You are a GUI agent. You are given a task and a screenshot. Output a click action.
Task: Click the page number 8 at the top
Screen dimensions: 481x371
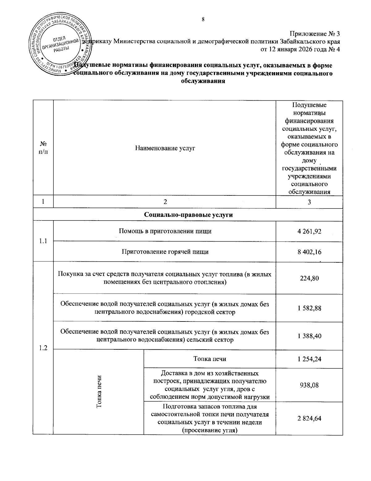pos(203,20)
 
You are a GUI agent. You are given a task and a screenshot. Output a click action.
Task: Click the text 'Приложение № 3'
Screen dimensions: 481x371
pos(314,33)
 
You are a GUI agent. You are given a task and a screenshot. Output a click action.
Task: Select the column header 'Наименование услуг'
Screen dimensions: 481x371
pos(165,148)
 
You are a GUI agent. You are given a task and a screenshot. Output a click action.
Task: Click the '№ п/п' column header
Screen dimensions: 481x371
pos(43,148)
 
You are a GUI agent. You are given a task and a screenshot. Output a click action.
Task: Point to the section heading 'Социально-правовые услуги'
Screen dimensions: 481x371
pos(188,215)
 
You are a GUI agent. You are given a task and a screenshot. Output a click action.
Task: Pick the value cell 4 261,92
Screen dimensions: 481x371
pos(309,231)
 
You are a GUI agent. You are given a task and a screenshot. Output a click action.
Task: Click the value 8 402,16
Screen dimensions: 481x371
pos(309,251)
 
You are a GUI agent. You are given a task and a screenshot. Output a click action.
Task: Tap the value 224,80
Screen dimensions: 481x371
pos(309,278)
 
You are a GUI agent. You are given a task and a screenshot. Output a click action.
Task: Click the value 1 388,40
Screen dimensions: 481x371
pos(309,336)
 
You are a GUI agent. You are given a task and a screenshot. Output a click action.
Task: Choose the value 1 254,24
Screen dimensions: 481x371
pos(309,359)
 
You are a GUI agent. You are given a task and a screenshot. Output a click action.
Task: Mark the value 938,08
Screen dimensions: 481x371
pos(309,385)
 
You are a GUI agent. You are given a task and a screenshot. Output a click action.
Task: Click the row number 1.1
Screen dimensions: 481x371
pos(43,241)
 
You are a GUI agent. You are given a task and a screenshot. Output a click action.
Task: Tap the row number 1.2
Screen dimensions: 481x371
pos(43,348)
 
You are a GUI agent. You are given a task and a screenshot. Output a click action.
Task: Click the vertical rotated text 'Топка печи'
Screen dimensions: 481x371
pos(99,392)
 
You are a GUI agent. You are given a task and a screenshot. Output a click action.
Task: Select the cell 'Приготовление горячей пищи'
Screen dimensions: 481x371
pos(165,251)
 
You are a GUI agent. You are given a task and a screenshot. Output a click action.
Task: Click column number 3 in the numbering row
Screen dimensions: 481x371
pos(309,202)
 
